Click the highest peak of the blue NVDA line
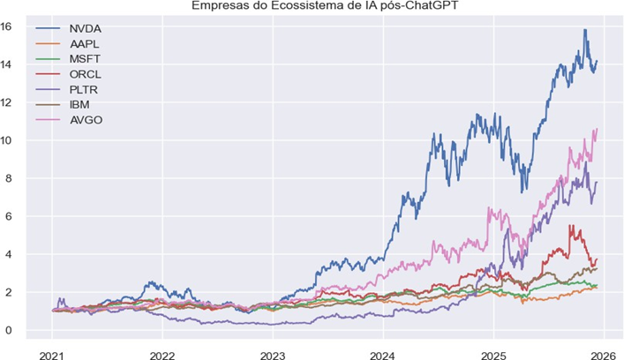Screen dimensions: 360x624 coord(584,30)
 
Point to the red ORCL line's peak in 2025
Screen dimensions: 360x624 coord(571,226)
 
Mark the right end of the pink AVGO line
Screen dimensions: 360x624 coord(597,129)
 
